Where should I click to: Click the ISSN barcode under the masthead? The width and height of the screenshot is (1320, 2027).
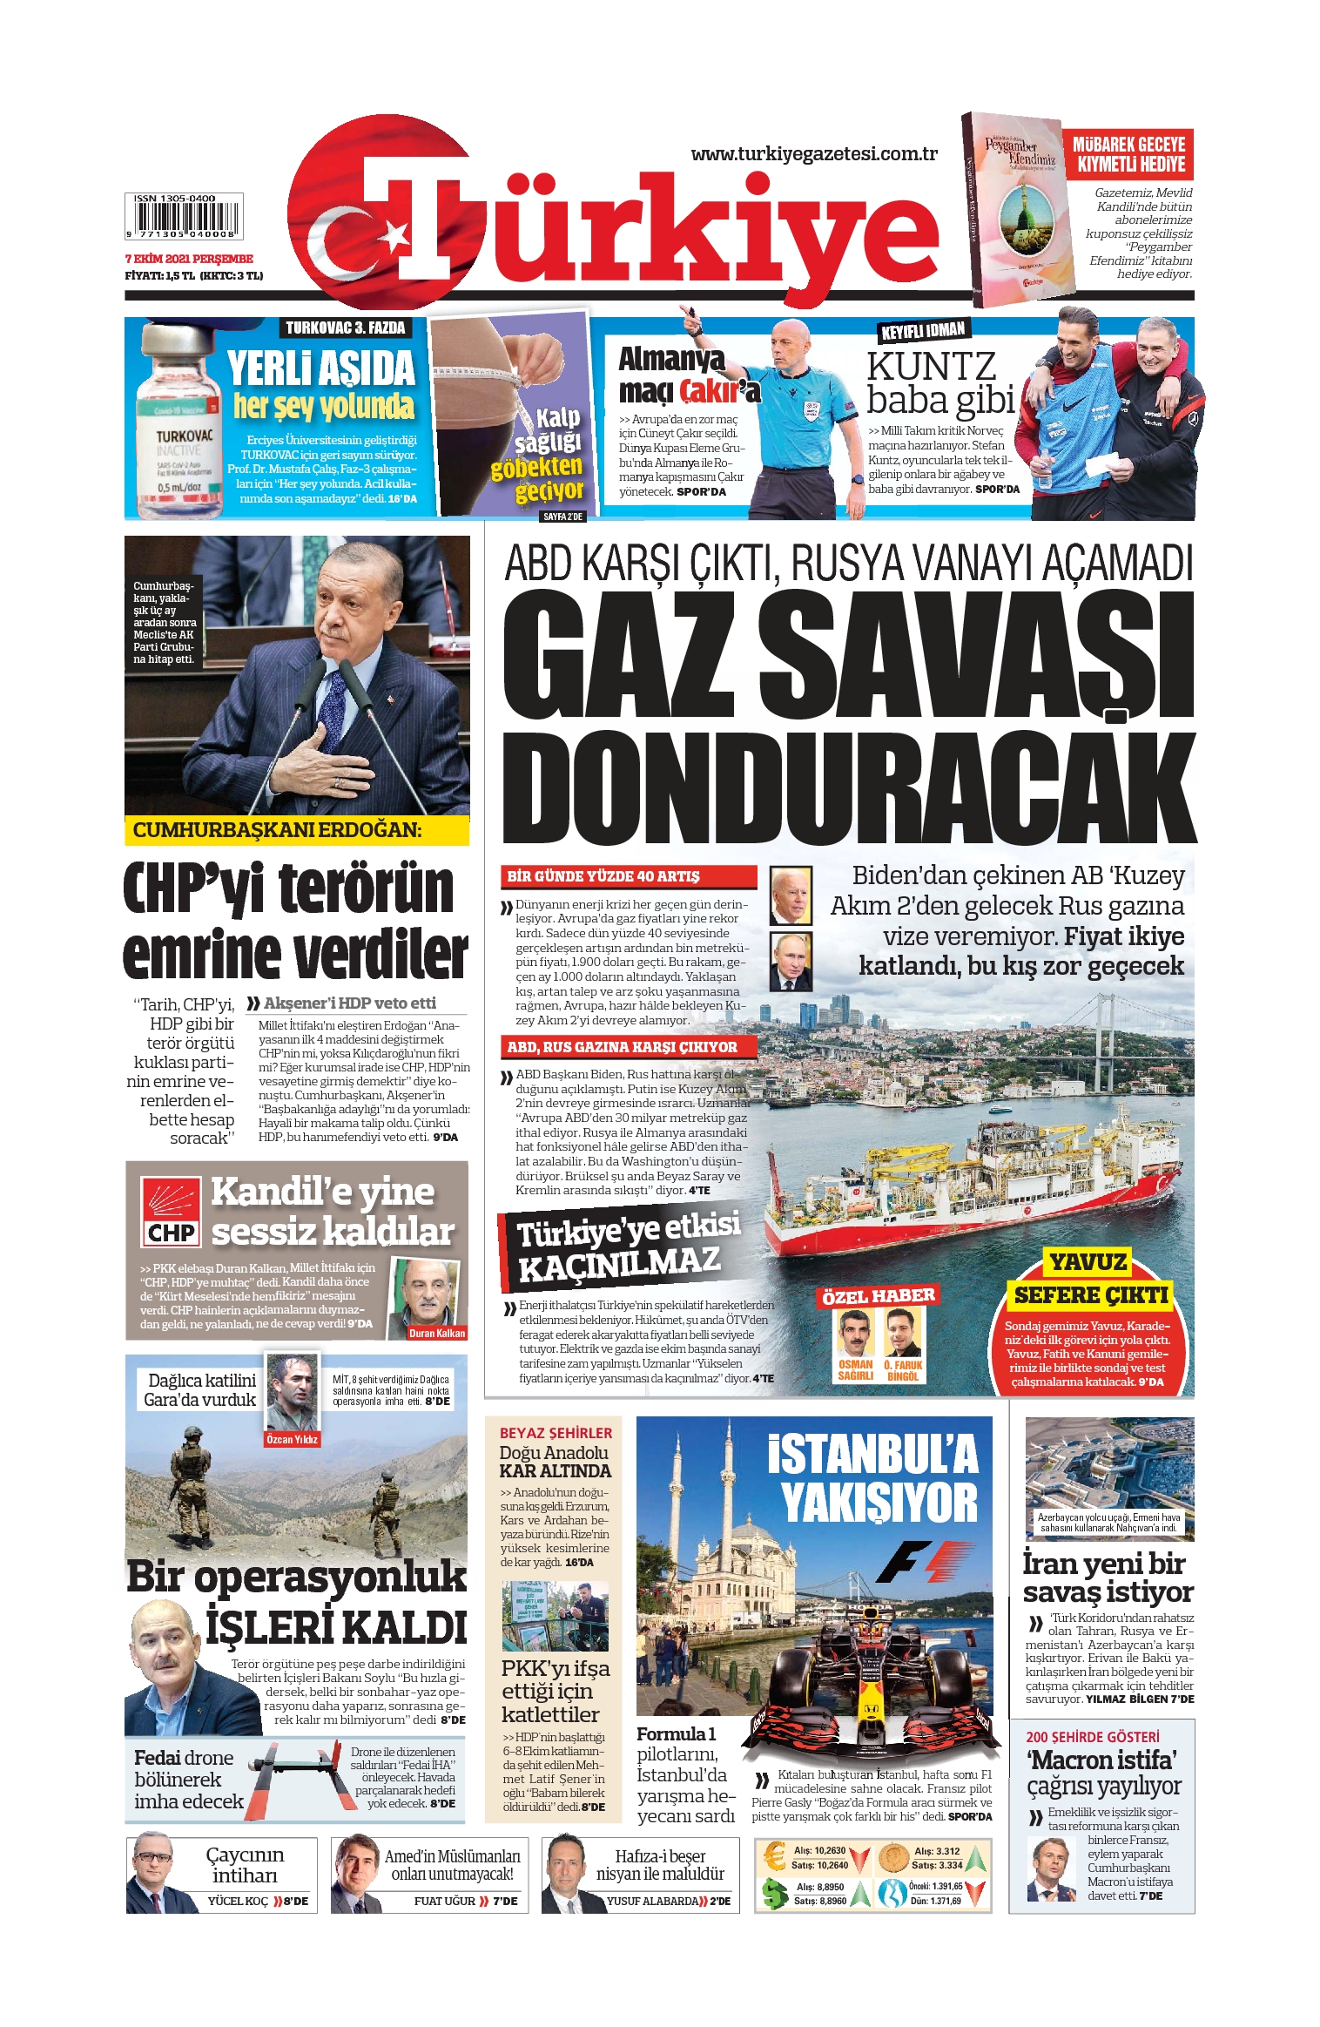tap(184, 216)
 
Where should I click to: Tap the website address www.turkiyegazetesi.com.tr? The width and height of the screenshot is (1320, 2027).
tap(813, 154)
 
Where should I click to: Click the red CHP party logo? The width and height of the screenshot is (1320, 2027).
tap(171, 1212)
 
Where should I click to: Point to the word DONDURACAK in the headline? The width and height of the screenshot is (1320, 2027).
tap(848, 789)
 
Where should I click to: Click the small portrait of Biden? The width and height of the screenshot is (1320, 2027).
tap(791, 895)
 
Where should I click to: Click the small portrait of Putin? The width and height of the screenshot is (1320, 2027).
tap(791, 961)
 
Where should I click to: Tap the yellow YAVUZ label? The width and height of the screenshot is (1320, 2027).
tap(1088, 1262)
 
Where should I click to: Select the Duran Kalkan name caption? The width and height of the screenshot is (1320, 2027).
tap(437, 1333)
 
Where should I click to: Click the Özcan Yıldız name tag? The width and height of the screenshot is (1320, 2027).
tap(293, 1439)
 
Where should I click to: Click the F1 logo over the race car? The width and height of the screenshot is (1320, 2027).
tap(926, 1561)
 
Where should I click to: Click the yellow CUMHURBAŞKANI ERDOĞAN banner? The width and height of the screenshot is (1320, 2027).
tap(296, 830)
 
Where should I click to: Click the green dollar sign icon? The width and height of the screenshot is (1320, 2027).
tap(773, 1893)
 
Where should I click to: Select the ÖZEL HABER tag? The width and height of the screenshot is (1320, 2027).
tap(878, 1295)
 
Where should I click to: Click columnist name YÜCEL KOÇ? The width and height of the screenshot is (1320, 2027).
tap(238, 1901)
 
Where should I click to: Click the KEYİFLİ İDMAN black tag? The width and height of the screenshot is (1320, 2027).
tap(923, 331)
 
